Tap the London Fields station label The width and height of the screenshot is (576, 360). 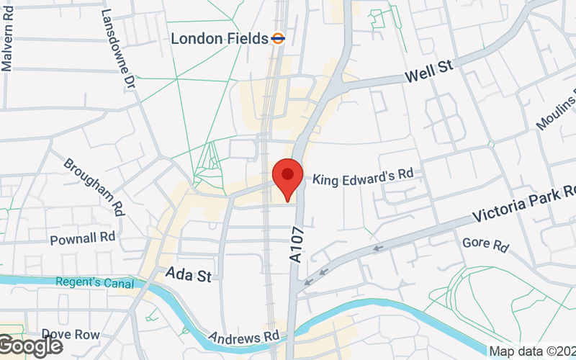[x=218, y=38]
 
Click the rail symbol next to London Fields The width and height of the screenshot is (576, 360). [x=278, y=37]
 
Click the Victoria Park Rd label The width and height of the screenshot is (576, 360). [x=524, y=204]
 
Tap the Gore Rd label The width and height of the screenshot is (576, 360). [x=485, y=245]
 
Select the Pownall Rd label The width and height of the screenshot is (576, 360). [x=83, y=238]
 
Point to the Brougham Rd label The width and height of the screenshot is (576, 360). [x=93, y=186]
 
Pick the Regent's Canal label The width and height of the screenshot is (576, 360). [x=91, y=282]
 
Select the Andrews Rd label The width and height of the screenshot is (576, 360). [x=243, y=336]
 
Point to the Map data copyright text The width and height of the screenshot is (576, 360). [x=533, y=351]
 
